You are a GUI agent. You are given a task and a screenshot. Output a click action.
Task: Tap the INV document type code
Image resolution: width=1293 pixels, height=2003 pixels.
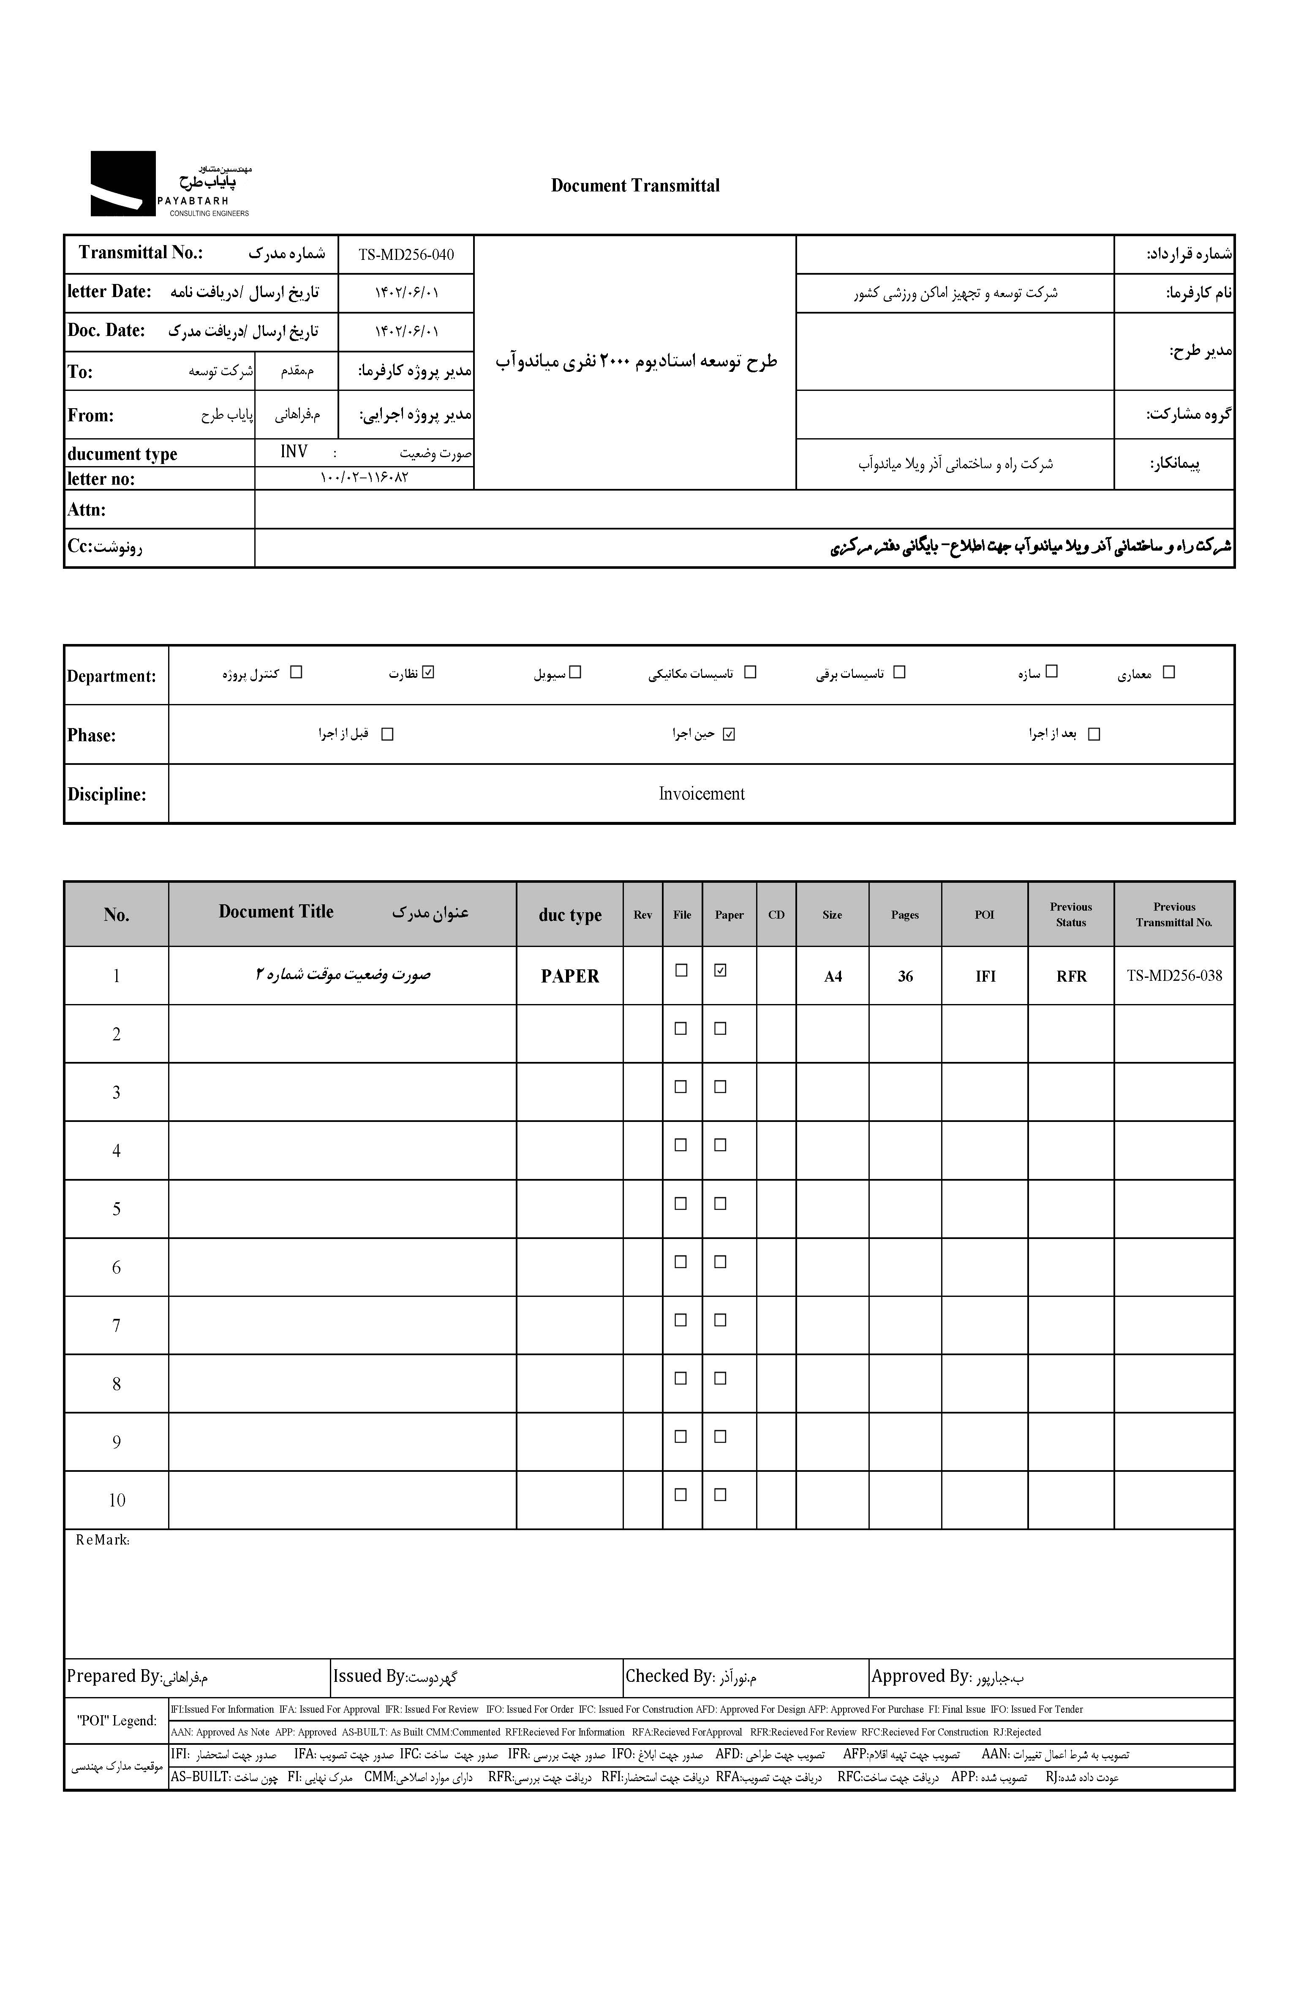point(294,452)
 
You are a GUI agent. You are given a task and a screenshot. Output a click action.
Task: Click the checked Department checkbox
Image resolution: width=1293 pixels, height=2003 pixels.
point(429,672)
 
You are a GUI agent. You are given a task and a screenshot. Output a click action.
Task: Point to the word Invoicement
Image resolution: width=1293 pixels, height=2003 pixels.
point(701,794)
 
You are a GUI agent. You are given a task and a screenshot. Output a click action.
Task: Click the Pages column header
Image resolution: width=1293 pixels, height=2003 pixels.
point(904,914)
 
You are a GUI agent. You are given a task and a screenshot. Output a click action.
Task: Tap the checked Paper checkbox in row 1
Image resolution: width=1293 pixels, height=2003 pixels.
point(719,970)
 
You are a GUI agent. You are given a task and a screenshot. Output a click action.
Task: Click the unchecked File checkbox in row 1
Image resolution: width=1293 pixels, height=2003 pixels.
point(681,970)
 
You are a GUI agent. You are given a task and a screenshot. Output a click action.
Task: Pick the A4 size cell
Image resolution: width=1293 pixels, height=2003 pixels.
point(832,976)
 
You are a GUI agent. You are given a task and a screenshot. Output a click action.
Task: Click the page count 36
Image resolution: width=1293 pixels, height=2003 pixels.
point(904,976)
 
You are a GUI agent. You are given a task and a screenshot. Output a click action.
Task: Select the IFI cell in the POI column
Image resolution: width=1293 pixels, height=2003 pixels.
point(985,976)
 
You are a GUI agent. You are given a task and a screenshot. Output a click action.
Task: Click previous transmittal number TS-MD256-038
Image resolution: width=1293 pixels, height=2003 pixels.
point(1174,976)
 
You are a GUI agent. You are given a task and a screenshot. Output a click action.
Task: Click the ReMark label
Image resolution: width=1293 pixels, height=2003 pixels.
point(102,1540)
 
